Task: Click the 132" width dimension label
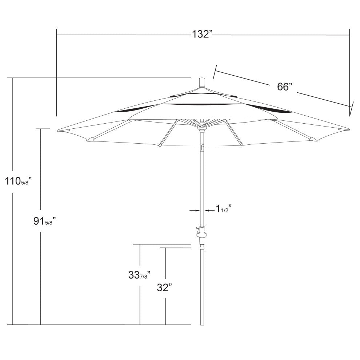coord(202,35)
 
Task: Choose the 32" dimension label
coord(164,288)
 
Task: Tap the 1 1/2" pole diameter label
coord(223,209)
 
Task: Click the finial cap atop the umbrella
coord(202,82)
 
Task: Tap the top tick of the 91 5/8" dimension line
coord(43,129)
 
